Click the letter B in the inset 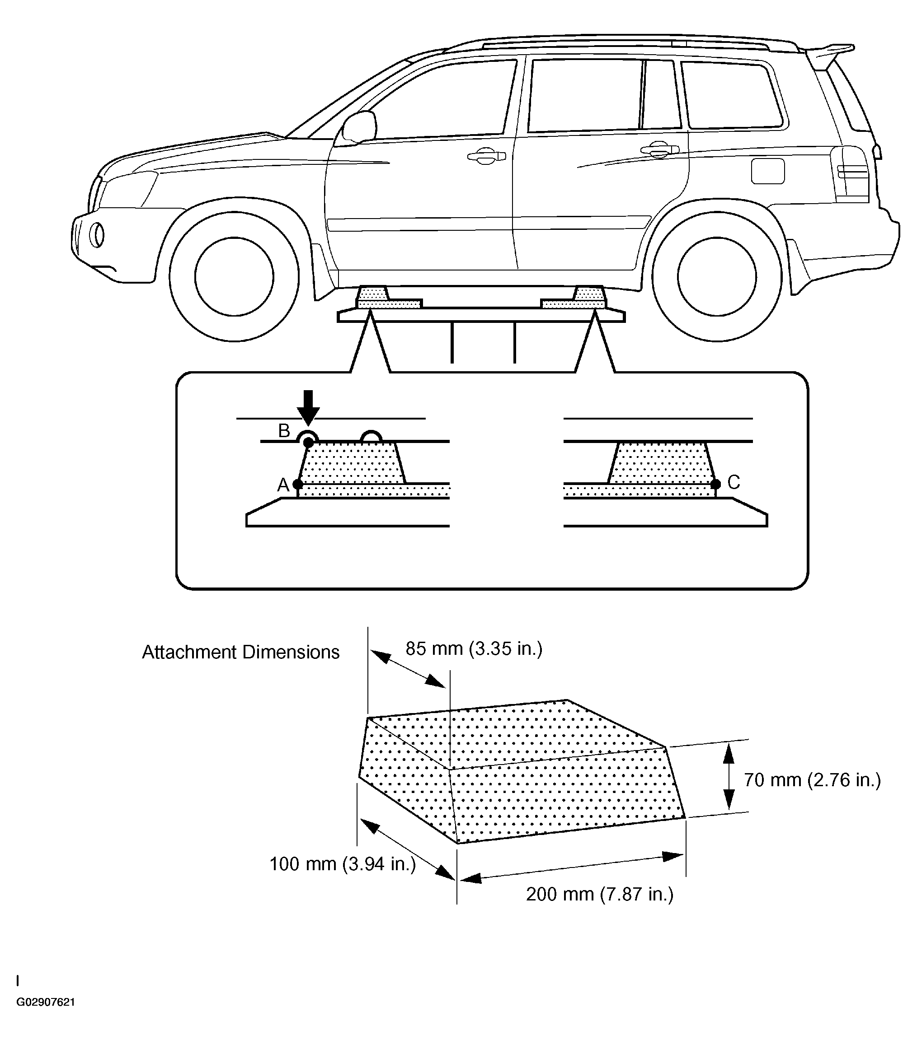pyautogui.click(x=284, y=431)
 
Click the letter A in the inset pyautogui.click(x=282, y=485)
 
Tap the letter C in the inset pyautogui.click(x=733, y=482)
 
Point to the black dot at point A pyautogui.click(x=298, y=484)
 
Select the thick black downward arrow pyautogui.click(x=308, y=407)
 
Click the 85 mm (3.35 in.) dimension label pyautogui.click(x=474, y=649)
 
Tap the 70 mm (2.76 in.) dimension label pyautogui.click(x=812, y=780)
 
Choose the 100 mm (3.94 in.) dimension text pyautogui.click(x=342, y=864)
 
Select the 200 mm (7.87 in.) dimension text pyautogui.click(x=599, y=894)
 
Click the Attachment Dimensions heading pyautogui.click(x=240, y=652)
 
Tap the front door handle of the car pyautogui.click(x=486, y=156)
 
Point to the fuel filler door pyautogui.click(x=767, y=171)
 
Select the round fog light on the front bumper pyautogui.click(x=96, y=236)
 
